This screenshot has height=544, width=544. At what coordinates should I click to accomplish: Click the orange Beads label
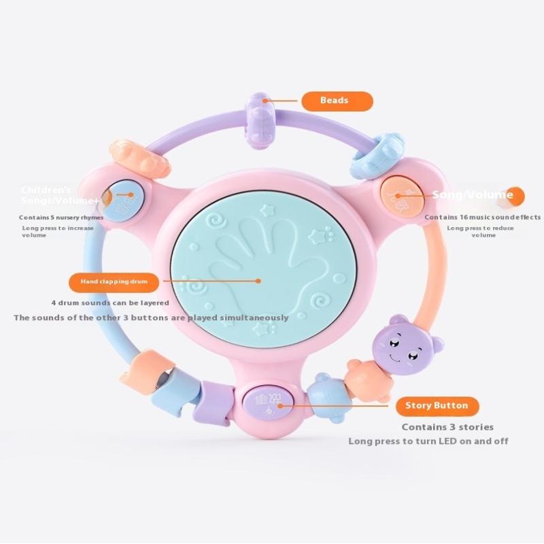(337, 101)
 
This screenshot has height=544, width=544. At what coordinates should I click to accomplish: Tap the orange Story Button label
(437, 406)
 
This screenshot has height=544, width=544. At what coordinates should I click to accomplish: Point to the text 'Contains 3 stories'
(447, 427)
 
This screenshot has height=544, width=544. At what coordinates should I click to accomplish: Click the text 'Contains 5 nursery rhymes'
(61, 218)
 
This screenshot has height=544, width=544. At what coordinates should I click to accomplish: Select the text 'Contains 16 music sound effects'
(483, 218)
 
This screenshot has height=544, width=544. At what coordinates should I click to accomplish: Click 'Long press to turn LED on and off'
(428, 441)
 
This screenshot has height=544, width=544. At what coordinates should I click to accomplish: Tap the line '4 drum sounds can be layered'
(109, 303)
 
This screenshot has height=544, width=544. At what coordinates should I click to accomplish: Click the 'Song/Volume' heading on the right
(473, 195)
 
